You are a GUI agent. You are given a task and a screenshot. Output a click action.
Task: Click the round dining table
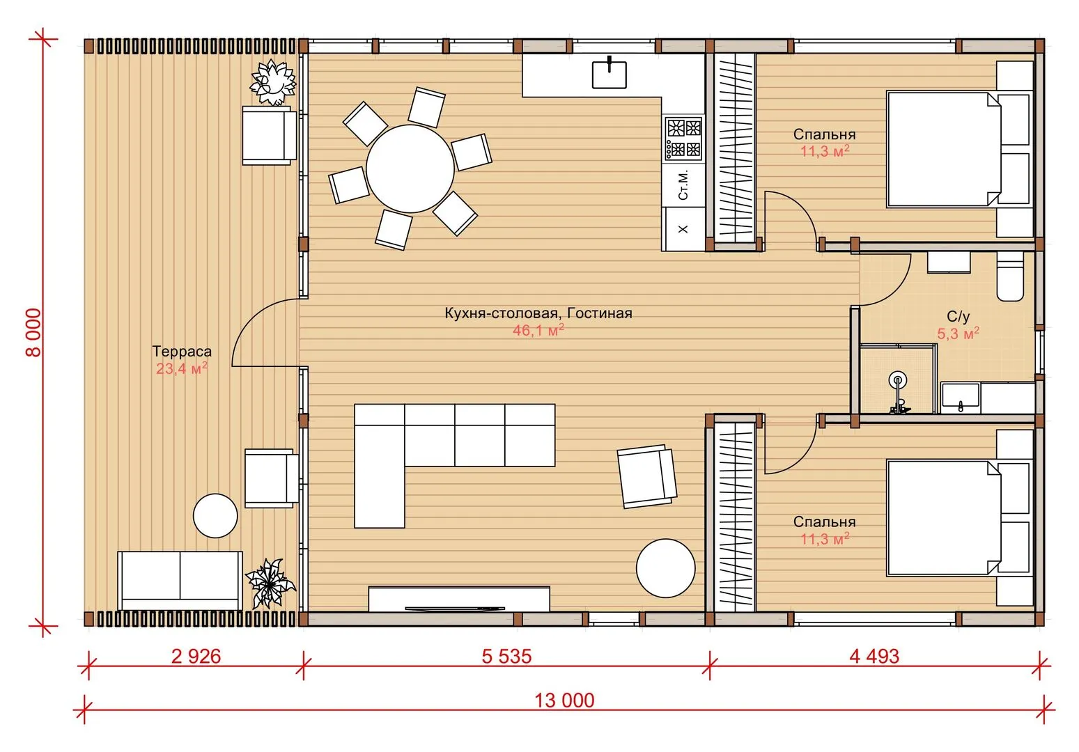tap(410, 169)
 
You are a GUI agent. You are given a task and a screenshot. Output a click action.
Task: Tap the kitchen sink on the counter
tap(610, 75)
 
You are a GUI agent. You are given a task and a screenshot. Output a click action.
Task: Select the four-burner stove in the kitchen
tap(683, 139)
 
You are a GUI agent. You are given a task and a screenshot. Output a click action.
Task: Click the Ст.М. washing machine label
tap(683, 185)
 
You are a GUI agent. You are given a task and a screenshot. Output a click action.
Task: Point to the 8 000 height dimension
tap(33, 332)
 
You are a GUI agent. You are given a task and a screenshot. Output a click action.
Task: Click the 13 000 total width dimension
tap(564, 700)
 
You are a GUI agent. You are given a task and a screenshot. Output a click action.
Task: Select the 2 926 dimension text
tap(196, 656)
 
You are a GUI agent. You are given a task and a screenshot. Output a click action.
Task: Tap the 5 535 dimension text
tap(506, 656)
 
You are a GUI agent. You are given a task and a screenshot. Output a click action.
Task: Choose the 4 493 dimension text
tap(874, 656)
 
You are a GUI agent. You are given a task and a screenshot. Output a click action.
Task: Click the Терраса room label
tap(182, 352)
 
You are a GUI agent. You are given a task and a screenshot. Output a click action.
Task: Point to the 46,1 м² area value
tap(538, 330)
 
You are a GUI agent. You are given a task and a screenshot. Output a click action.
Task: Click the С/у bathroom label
tap(958, 316)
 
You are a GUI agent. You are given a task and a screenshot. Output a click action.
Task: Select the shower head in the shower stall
tap(898, 380)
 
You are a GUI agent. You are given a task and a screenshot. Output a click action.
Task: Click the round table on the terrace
tap(215, 516)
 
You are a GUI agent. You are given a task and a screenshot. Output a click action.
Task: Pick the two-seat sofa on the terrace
tap(180, 581)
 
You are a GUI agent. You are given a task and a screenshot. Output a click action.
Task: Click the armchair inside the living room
tap(647, 476)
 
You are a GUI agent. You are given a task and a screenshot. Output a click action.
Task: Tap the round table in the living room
tap(666, 568)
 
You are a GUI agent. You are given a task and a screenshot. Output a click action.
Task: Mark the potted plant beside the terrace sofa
tap(270, 583)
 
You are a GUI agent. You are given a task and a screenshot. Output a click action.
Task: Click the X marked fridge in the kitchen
tap(683, 229)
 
